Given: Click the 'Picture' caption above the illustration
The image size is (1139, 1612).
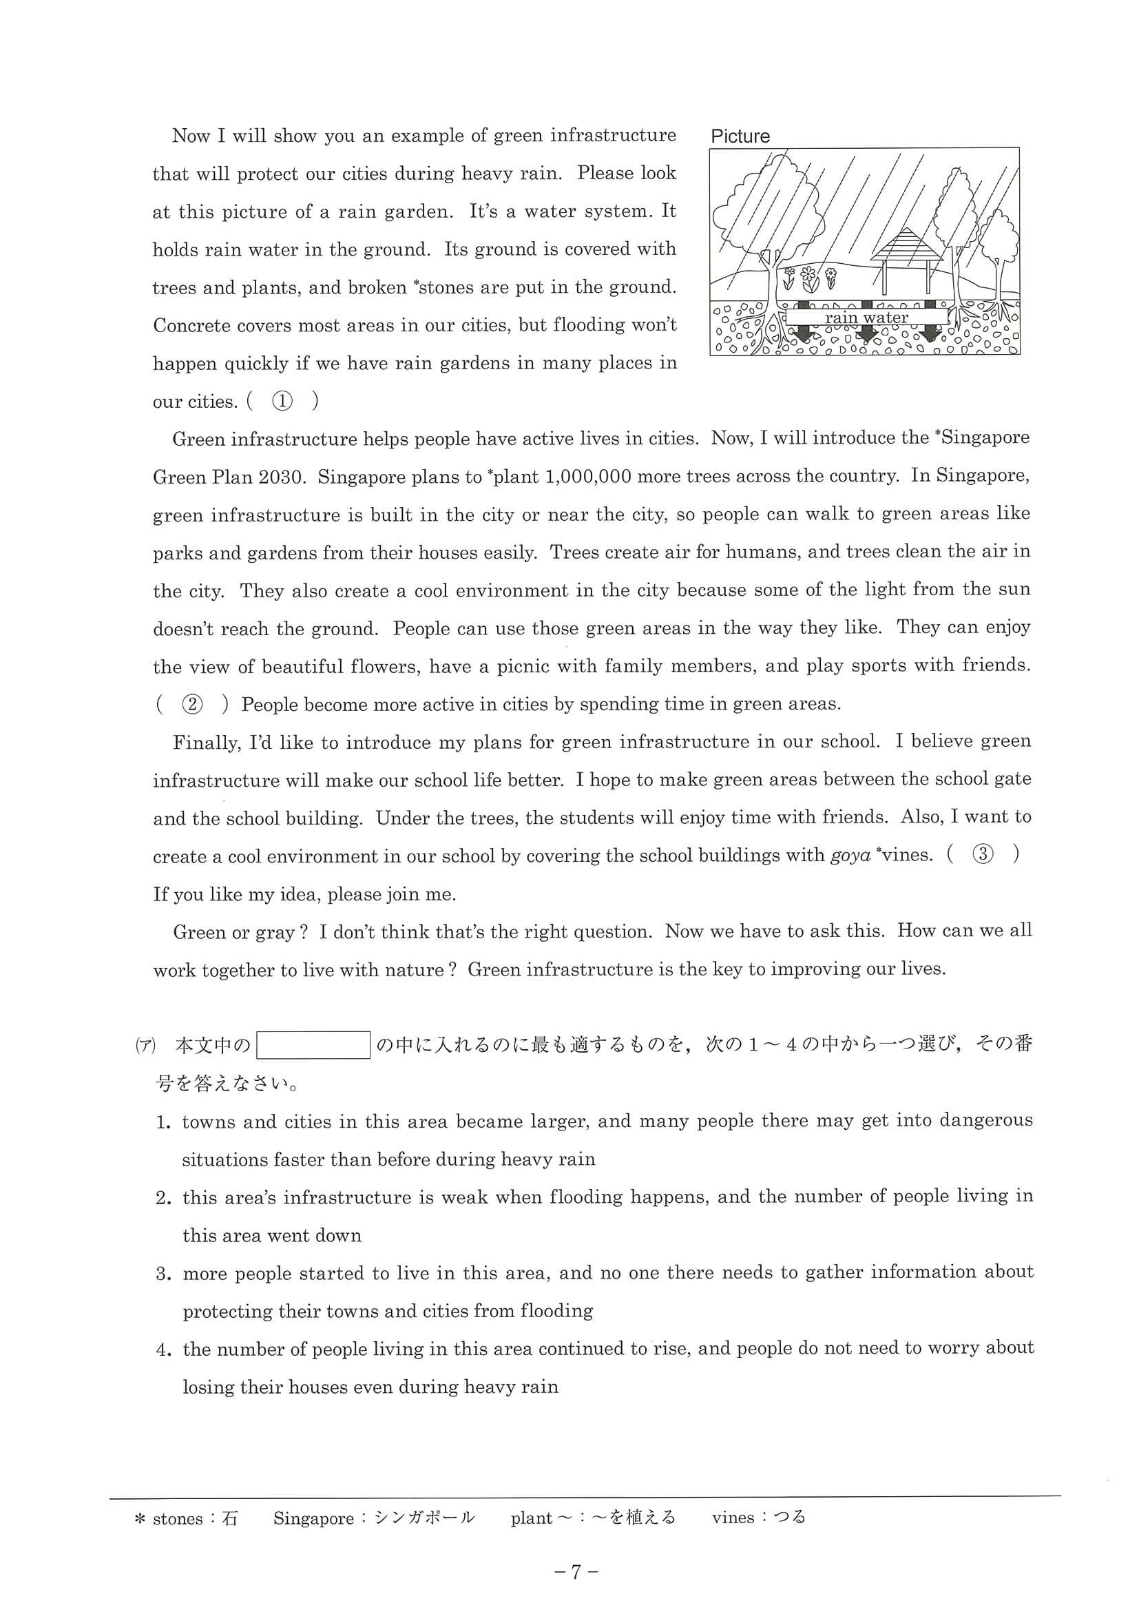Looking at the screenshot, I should pos(740,136).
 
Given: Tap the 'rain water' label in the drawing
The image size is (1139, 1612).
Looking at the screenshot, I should pos(866,318).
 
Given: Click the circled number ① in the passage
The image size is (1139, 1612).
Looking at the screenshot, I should pos(282,401).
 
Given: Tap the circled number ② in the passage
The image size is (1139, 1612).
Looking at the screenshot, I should pos(191,704).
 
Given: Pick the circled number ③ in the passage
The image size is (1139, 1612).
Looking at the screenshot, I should pos(983,855).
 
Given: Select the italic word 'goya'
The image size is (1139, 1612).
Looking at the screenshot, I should pos(850,856).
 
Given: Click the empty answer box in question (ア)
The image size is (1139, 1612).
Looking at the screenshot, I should pos(313,1046).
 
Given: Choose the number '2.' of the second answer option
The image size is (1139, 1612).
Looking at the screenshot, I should pos(163,1198).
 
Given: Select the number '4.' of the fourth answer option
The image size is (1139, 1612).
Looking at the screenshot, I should pos(163,1350).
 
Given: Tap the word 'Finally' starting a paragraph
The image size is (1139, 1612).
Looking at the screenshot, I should pos(206,742).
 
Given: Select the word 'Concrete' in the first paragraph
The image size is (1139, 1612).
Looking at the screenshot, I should pos(188,325).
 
